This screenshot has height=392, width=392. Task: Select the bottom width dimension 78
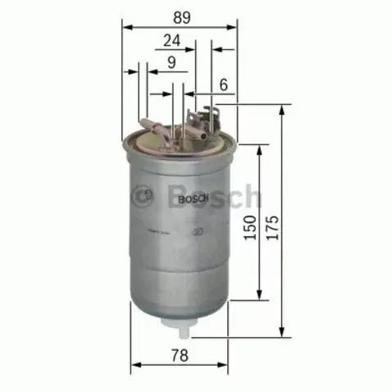(x=179, y=354)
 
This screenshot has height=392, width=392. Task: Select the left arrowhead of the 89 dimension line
(x=126, y=27)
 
